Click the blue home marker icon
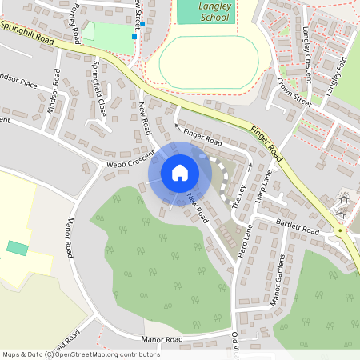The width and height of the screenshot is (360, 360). [180, 172]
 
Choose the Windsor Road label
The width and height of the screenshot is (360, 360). [54, 92]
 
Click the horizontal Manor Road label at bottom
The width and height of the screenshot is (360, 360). [162, 339]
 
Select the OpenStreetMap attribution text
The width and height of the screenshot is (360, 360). [80, 354]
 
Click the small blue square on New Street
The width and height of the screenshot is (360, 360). [134, 36]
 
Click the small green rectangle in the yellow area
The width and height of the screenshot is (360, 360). [17, 247]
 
